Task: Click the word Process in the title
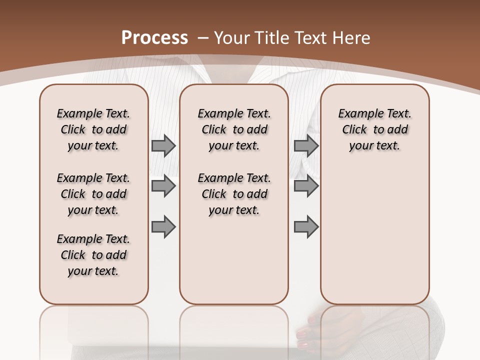(x=155, y=38)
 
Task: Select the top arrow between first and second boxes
(x=163, y=145)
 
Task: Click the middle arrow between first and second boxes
(x=163, y=186)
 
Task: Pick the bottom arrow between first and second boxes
(x=163, y=226)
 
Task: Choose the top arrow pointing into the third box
(x=306, y=145)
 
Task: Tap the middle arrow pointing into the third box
(x=306, y=186)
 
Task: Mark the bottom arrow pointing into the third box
(x=306, y=226)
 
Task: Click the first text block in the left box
(x=93, y=129)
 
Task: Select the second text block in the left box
(x=93, y=194)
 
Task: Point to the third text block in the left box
(x=93, y=255)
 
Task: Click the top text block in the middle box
(x=234, y=129)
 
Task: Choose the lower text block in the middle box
(x=234, y=194)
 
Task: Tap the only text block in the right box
(x=374, y=129)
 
